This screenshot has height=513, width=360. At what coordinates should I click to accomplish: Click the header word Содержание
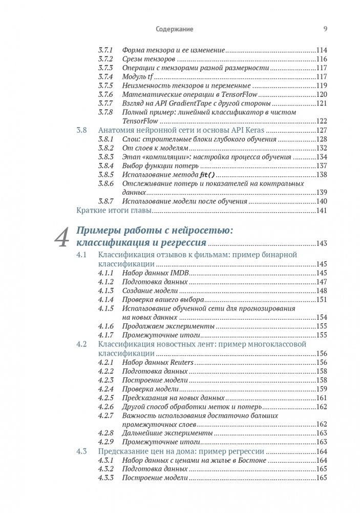pos(174,29)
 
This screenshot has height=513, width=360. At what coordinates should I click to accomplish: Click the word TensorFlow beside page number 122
pos(140,121)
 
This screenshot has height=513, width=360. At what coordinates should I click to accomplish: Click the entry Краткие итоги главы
pos(114,211)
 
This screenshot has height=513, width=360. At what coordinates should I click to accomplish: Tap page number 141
pos(321,211)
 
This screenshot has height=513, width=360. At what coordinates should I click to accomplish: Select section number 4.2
pos(82,344)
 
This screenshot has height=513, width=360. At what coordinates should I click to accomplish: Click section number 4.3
pos(82,452)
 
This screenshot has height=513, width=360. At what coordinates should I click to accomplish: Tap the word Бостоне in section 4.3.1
pos(252,461)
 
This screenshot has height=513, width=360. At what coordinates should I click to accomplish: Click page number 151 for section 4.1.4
pos(321,300)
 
